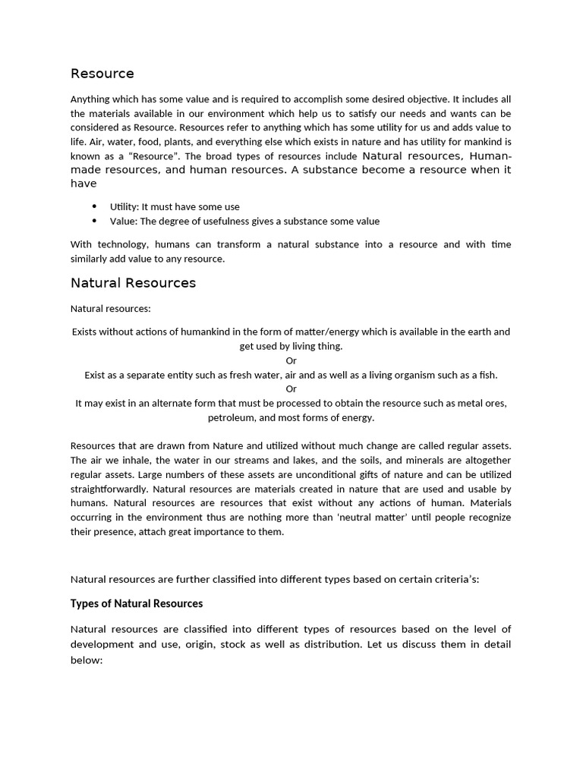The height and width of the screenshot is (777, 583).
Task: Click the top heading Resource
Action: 102,74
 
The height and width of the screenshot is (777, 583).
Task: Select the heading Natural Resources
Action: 133,283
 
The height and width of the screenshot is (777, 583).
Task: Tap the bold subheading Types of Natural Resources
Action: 137,604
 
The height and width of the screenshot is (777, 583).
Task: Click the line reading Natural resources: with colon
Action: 111,309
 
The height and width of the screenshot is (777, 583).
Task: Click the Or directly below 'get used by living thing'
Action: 291,360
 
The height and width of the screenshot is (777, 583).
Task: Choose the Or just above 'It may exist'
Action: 291,389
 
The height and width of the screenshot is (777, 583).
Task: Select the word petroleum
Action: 232,417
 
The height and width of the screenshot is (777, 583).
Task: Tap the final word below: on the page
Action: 87,660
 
